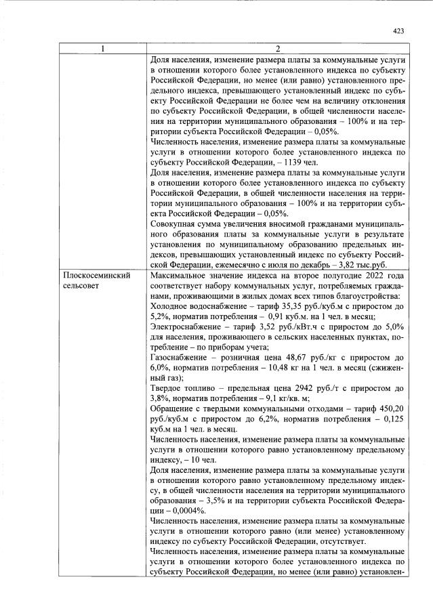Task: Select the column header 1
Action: pos(102,49)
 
